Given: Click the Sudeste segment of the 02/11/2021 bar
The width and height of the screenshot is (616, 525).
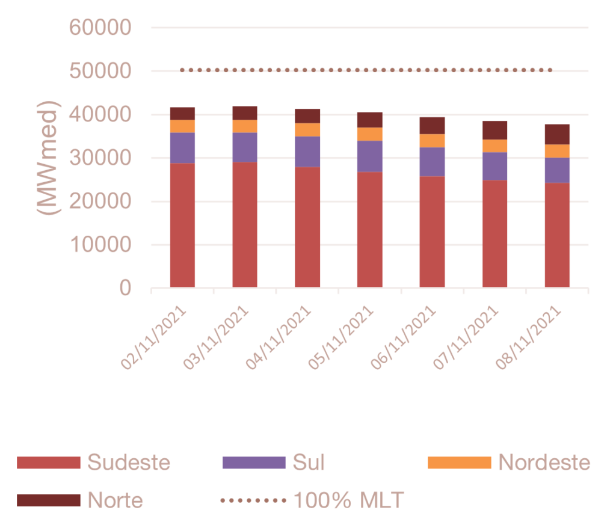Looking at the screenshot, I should (x=182, y=226).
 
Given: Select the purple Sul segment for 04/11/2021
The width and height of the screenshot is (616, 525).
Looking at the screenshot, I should (x=307, y=152).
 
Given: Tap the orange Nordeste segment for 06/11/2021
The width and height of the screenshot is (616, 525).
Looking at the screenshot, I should (x=433, y=141).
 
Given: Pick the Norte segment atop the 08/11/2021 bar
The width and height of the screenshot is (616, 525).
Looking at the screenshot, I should (x=558, y=134).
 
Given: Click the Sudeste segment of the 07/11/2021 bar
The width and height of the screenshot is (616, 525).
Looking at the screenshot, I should (x=495, y=234).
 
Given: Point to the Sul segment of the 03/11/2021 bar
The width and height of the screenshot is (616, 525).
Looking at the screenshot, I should (x=245, y=147).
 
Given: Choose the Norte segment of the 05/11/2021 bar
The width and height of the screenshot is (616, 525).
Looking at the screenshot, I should (x=370, y=120).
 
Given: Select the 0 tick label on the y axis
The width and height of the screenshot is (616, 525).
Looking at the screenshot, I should (x=125, y=289).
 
